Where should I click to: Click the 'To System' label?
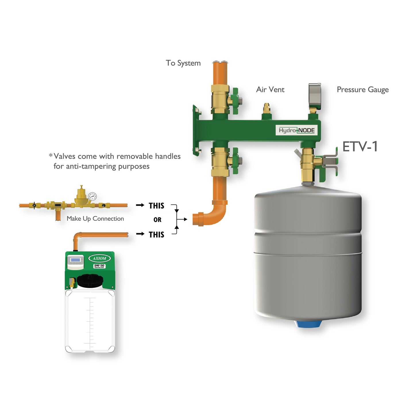click(183, 63)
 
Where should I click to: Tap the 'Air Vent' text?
click(270, 90)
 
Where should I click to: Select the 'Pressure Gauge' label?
click(362, 90)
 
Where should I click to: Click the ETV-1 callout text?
click(360, 147)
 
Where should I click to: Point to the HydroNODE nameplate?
click(297, 130)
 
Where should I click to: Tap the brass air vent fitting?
click(267, 109)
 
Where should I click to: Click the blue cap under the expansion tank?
click(308, 324)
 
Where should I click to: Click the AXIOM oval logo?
click(99, 258)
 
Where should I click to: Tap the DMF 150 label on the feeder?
click(99, 266)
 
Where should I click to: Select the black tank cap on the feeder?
click(90, 281)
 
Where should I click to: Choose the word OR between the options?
click(157, 220)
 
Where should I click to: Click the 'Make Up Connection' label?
click(95, 219)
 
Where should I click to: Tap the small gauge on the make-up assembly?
click(92, 196)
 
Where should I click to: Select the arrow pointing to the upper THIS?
click(140, 205)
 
